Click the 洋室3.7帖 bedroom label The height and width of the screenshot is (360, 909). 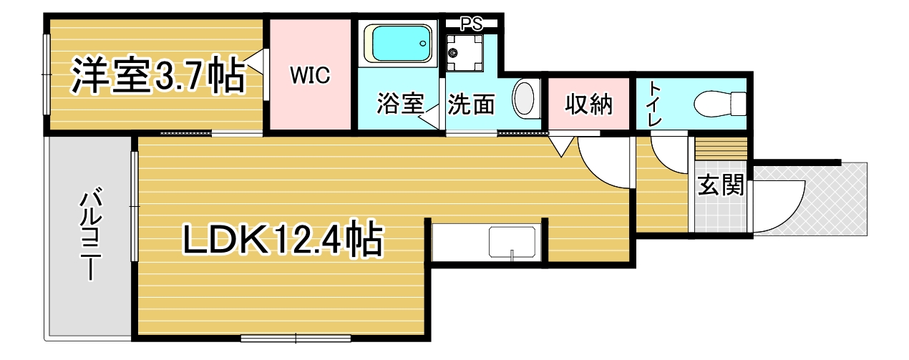point(159,76)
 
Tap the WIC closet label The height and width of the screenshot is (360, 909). point(310,75)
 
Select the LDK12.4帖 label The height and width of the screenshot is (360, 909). point(283,238)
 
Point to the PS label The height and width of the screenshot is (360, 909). point(472,24)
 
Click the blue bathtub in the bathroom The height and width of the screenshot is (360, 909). point(398,44)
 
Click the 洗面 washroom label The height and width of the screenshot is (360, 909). point(471,104)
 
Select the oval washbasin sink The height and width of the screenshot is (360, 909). point(525,99)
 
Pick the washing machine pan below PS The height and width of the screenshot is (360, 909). point(465,53)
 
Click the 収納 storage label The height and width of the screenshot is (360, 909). point(588,104)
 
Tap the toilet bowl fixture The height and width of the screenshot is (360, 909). point(719,104)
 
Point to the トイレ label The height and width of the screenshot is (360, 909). point(653,104)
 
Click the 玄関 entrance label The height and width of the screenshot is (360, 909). point(720,185)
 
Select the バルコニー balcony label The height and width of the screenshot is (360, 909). point(91,234)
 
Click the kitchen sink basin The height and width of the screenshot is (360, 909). point(512,242)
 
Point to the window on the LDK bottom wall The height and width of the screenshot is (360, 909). point(296,338)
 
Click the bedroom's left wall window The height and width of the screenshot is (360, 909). point(47,74)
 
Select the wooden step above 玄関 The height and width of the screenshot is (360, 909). point(721,149)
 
